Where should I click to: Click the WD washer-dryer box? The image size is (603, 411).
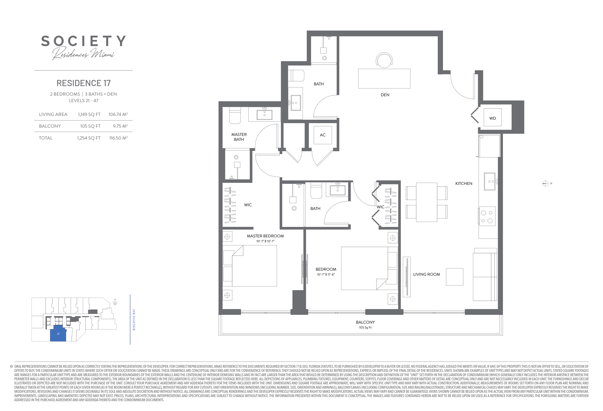tap(492, 117)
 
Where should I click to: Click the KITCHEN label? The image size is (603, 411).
tap(464, 183)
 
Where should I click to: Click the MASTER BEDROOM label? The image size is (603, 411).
tap(265, 236)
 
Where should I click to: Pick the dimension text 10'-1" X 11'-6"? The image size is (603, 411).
tap(326, 274)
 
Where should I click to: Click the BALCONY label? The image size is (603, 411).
tap(365, 322)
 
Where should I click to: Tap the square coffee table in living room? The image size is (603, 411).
tap(455, 277)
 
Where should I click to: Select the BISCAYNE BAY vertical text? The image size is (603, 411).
tap(134, 319)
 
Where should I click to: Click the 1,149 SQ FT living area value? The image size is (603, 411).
tap(89, 114)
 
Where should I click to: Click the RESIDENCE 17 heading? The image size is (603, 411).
tap(84, 83)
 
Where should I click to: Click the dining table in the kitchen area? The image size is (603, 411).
tap(427, 202)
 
